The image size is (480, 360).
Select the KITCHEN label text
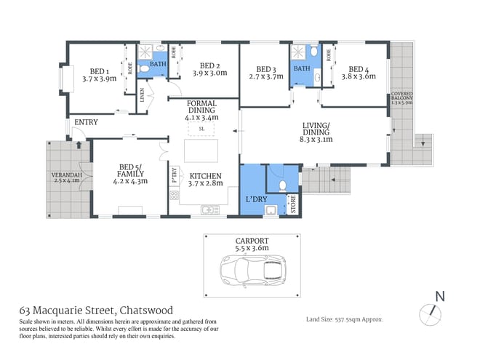[205, 176]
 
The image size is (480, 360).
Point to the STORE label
[294, 203]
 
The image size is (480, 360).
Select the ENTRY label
[85, 122]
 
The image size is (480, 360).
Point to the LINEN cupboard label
[144, 95]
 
